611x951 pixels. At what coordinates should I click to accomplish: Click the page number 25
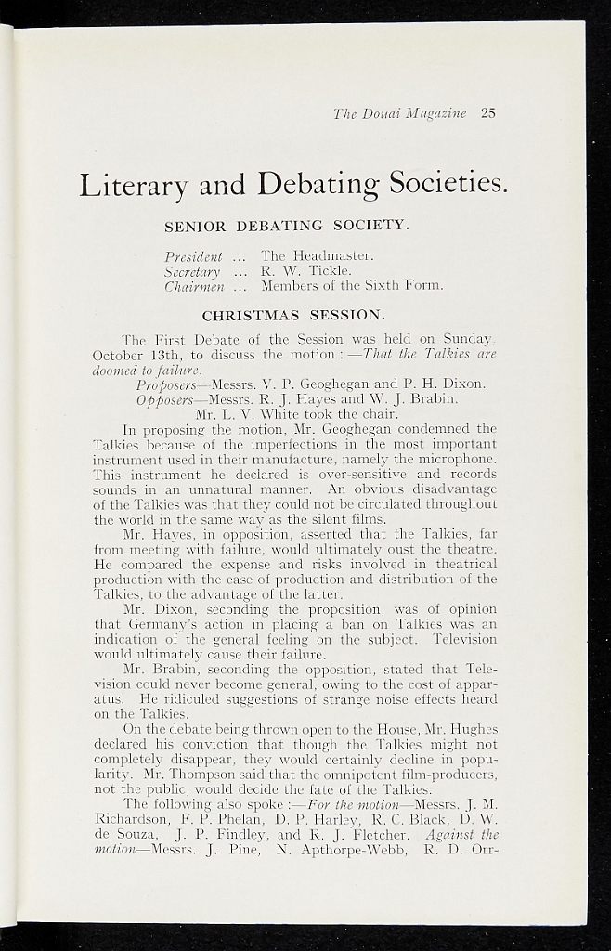click(488, 113)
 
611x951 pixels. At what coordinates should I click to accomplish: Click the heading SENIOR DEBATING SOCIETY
click(286, 226)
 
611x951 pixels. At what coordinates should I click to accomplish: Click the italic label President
click(193, 255)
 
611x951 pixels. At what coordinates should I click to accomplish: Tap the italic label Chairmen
click(192, 285)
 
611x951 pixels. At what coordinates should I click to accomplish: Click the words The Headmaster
click(317, 255)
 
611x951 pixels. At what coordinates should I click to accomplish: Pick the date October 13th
click(130, 354)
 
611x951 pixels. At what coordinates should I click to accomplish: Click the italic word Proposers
click(166, 384)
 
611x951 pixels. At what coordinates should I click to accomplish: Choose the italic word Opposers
click(165, 398)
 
